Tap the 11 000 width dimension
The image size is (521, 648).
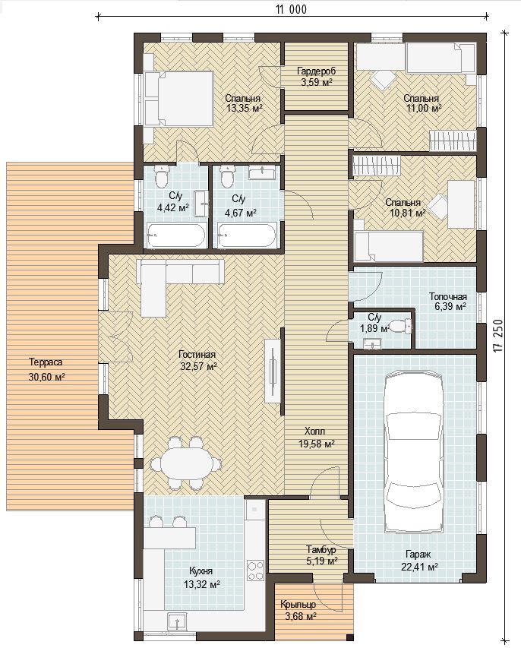coord(292,10)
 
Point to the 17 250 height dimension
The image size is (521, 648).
coord(499,336)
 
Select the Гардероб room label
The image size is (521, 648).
coord(317,71)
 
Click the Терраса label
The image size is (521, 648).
coord(46,362)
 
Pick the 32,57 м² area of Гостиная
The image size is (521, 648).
coord(199,365)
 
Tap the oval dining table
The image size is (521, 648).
coord(186,463)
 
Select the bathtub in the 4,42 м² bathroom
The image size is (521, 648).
coord(175,236)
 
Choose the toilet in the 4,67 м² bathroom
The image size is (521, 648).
coord(227,177)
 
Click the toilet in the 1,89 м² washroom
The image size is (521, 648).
coord(401,327)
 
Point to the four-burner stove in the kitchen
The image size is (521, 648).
coord(256,571)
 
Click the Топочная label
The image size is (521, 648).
coord(448,297)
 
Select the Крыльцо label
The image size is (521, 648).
coord(298,605)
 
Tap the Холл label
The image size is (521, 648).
coord(314,431)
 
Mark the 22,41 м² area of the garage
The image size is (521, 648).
coord(419,567)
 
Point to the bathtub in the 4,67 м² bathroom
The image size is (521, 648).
coord(248,236)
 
